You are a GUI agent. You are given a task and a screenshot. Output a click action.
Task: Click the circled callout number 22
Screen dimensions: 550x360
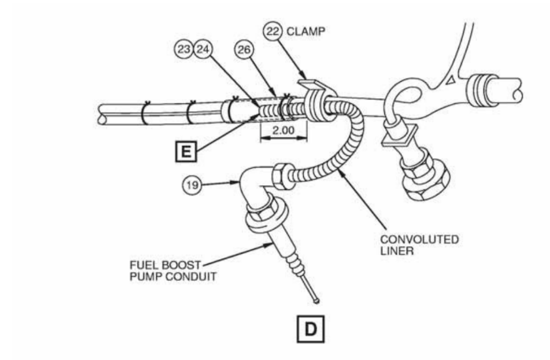pyautogui.click(x=273, y=31)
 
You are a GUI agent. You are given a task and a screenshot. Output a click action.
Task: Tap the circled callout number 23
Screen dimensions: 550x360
pyautogui.click(x=184, y=49)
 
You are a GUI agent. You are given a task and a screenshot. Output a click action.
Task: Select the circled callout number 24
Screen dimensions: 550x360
pyautogui.click(x=203, y=49)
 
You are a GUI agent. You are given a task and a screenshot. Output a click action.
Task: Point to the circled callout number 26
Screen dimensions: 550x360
pyautogui.click(x=244, y=50)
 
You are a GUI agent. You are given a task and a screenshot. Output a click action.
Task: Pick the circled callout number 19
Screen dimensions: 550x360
pyautogui.click(x=192, y=185)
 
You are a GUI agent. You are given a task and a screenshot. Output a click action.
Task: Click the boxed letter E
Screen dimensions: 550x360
pyautogui.click(x=186, y=151)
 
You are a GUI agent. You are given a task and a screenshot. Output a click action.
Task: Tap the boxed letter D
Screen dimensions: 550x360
pyautogui.click(x=311, y=329)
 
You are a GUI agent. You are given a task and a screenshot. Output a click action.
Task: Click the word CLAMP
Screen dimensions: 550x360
pyautogui.click(x=306, y=31)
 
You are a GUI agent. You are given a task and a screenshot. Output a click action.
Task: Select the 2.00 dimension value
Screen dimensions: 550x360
pyautogui.click(x=284, y=130)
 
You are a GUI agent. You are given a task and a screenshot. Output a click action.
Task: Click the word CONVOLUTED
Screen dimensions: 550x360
pyautogui.click(x=420, y=240)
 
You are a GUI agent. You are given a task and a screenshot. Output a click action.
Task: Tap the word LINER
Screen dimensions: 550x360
pyautogui.click(x=397, y=251)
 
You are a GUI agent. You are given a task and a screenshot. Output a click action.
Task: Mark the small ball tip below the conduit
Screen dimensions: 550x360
pyautogui.click(x=317, y=300)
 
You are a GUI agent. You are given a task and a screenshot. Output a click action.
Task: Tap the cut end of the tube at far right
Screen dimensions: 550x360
pyautogui.click(x=517, y=90)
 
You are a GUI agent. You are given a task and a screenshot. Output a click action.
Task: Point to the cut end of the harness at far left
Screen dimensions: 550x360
pyautogui.click(x=101, y=115)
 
